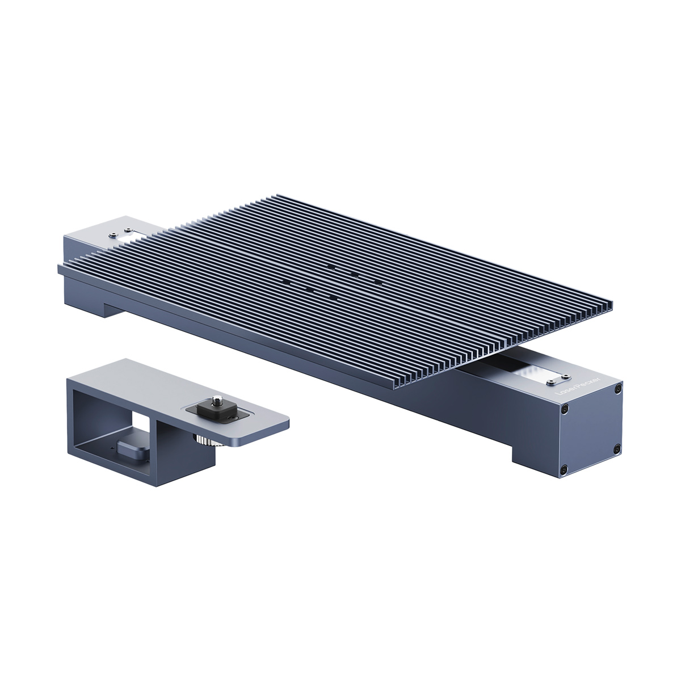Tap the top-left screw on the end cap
563,409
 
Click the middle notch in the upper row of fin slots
354,274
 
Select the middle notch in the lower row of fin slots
309,289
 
